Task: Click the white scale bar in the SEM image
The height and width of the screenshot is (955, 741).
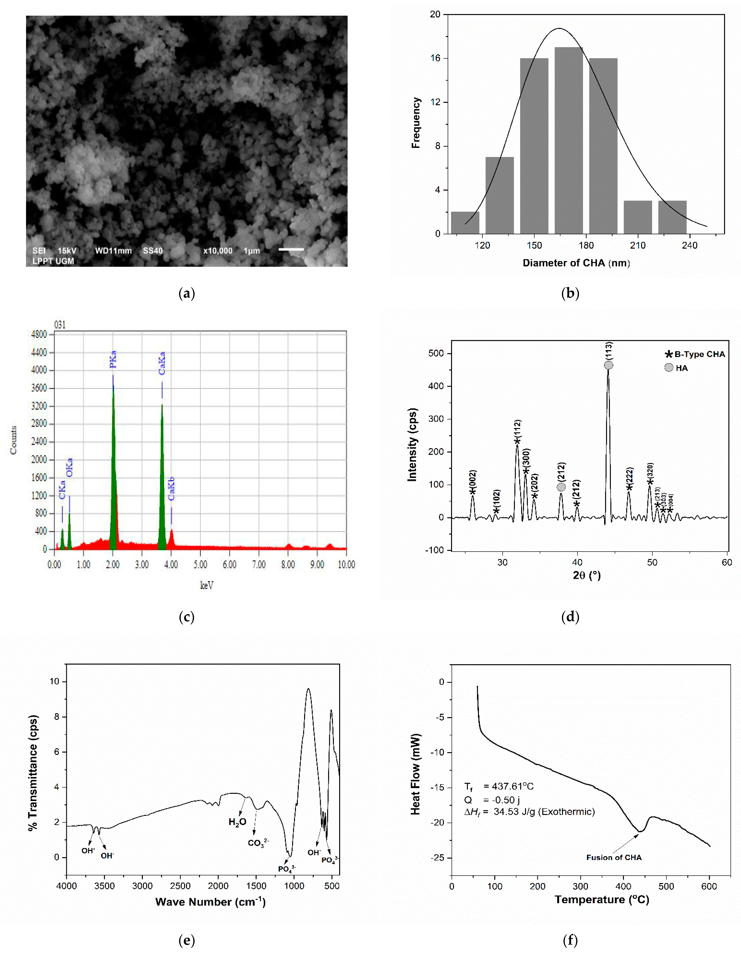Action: point(291,249)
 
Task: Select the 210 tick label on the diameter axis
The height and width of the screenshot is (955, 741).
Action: point(638,245)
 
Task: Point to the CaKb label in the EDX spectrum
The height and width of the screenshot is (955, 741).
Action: point(171,488)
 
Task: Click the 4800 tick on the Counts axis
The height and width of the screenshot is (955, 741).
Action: point(39,335)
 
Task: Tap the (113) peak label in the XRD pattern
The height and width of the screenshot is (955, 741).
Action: point(609,351)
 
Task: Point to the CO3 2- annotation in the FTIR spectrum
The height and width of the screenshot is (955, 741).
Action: point(258,843)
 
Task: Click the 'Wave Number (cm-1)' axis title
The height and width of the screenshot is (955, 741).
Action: point(210,902)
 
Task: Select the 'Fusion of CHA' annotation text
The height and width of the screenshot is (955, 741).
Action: point(614,858)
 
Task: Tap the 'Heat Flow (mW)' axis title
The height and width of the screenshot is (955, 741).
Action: point(415,774)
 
